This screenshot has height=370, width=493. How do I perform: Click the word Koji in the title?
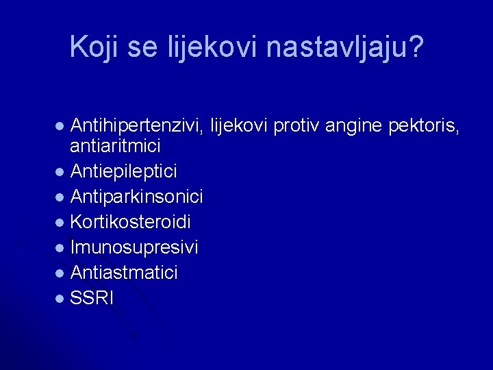click(x=94, y=47)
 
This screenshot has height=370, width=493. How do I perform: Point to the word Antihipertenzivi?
click(x=136, y=126)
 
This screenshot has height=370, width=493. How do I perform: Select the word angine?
click(x=353, y=127)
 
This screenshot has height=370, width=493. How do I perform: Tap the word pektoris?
click(x=424, y=126)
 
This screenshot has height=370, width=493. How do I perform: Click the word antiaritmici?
click(x=115, y=146)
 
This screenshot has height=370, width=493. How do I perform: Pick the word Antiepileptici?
click(x=123, y=172)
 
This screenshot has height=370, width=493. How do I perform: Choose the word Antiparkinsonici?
click(x=136, y=197)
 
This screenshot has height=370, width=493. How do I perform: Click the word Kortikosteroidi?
click(x=130, y=221)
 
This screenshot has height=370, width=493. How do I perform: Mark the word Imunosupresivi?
click(x=134, y=247)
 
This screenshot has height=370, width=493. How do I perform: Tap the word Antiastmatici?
click(x=124, y=272)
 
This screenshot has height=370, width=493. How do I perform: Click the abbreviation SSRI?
click(x=91, y=297)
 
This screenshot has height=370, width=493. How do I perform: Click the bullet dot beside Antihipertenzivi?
click(x=60, y=126)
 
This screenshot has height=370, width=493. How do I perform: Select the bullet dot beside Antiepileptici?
click(x=60, y=172)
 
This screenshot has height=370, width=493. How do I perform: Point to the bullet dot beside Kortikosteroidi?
click(x=60, y=223)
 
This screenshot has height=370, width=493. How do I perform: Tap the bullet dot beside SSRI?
click(x=60, y=298)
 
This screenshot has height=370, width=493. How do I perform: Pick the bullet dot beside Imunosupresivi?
click(x=60, y=248)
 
